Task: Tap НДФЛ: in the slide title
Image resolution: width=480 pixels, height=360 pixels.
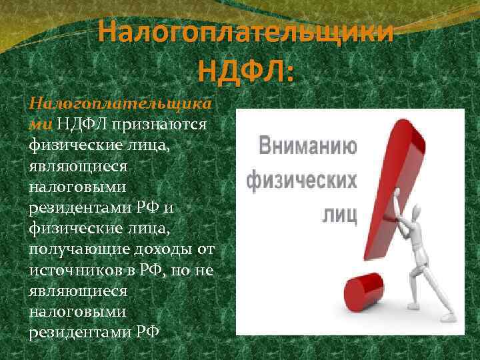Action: (x=245, y=69)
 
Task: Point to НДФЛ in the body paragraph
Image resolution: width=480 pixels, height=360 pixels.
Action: (x=81, y=125)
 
